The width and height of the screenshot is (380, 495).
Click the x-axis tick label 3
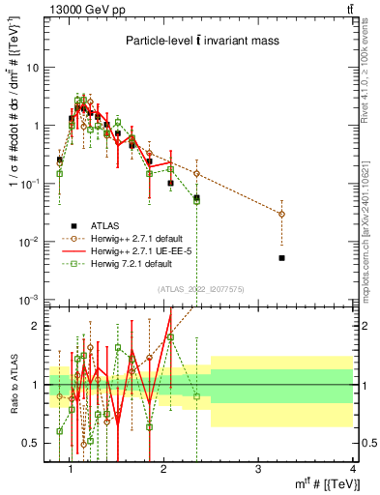[257, 469]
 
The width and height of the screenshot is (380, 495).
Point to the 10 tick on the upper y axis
[33, 68]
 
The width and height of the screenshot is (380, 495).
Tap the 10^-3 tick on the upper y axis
[31, 298]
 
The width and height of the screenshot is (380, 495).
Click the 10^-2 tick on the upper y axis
[31, 241]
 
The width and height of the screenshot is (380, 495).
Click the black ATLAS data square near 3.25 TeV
[281, 258]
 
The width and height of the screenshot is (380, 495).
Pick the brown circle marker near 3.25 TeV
[281, 214]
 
